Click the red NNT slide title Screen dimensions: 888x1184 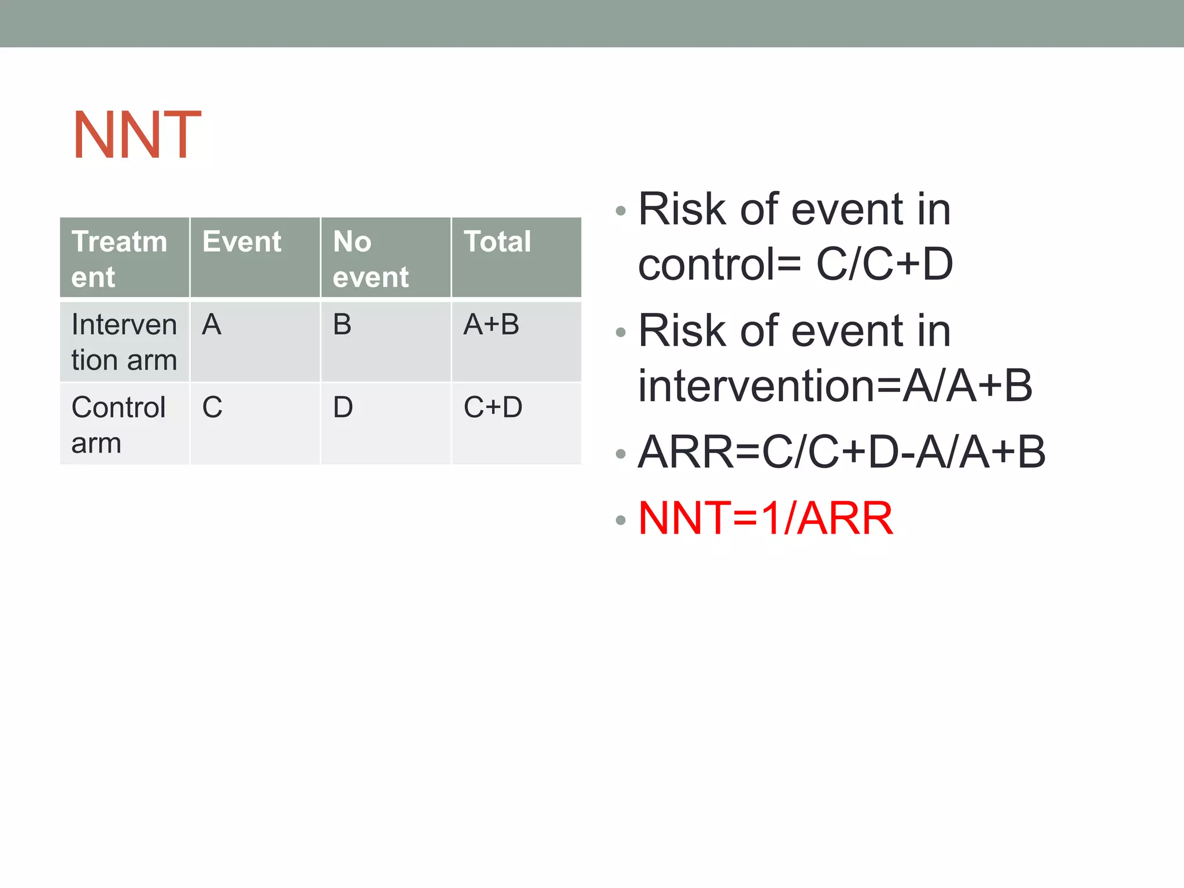137,135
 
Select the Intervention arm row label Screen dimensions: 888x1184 124,342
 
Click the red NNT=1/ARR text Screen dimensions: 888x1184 765,518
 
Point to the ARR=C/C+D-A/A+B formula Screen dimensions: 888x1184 841,452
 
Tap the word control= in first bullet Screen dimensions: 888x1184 719,264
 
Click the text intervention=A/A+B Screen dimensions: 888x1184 835,386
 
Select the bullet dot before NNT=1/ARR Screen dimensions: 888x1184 621,520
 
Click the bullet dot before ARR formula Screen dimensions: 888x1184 621,454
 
